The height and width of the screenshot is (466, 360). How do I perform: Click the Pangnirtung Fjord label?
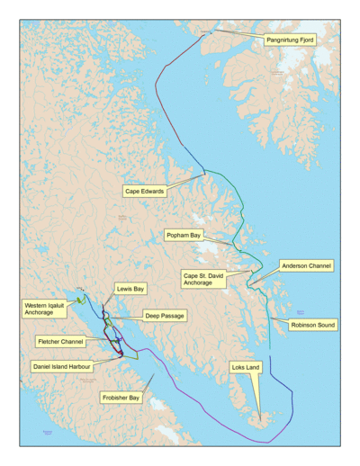[x=290, y=40]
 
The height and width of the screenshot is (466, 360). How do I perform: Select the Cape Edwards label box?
[x=144, y=192]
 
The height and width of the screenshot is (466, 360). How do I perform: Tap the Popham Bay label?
[x=183, y=235]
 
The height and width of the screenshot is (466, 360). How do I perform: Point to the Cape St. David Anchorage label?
[x=203, y=279]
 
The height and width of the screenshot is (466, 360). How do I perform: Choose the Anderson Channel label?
[x=306, y=266]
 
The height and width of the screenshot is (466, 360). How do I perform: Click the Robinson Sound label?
[x=312, y=324]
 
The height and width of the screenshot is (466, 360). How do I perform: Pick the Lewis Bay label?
[x=130, y=289]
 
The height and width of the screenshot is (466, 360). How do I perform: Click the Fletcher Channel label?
[x=60, y=343]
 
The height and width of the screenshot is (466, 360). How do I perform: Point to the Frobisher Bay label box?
[x=119, y=397]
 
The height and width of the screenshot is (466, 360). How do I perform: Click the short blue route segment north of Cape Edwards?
[x=192, y=159]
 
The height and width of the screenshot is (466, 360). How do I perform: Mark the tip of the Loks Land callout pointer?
[x=261, y=419]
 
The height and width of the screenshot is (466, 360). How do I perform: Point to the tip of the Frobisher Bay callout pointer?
[x=153, y=376]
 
